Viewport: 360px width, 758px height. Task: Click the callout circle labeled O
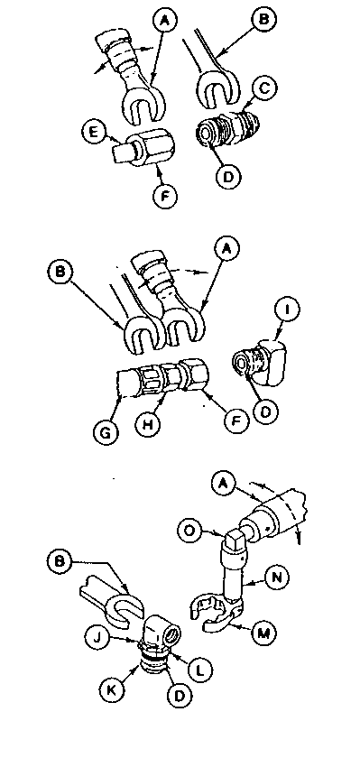(189, 531)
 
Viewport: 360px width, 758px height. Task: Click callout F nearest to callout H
(237, 421)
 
